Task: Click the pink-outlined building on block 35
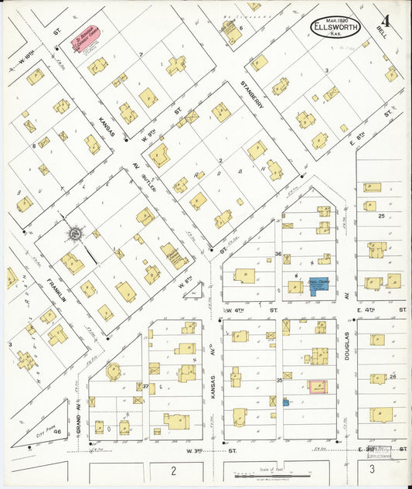[x=317, y=386]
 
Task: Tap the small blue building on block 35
[x=286, y=402]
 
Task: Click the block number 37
[x=145, y=386]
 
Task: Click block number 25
[x=381, y=216]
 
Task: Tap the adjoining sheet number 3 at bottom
[x=372, y=469]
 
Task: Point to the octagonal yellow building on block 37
[x=114, y=372]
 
